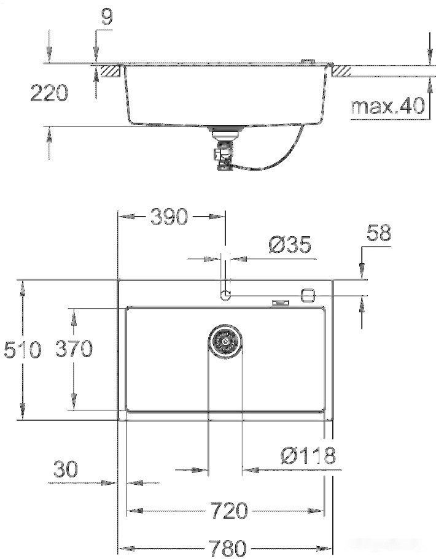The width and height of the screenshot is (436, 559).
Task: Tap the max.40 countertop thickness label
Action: point(387,106)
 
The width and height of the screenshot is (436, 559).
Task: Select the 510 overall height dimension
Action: point(22,350)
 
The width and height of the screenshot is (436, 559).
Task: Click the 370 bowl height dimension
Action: point(74,349)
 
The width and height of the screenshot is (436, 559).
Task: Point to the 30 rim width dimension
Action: point(65,469)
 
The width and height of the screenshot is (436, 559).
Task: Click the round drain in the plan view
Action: point(225,341)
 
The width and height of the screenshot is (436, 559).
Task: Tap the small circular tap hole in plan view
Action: point(225,295)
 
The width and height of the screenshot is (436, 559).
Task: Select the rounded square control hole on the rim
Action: point(308,295)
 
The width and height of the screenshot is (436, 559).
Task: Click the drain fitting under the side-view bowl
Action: point(224,147)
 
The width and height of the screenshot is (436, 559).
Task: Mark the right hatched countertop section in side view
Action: point(341,71)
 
